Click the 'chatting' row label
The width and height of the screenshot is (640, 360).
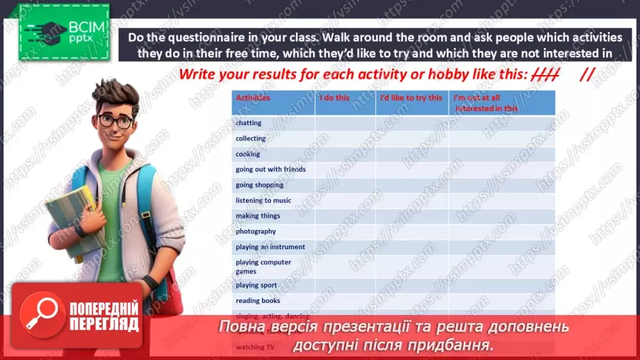coord(249,123)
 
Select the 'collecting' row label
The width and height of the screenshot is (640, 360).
coord(251,138)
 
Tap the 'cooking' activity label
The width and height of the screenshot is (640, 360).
coord(248,154)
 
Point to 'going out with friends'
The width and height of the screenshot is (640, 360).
coord(270,170)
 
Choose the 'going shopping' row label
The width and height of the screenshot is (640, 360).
coord(259,185)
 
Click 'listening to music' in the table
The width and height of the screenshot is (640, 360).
coord(263,200)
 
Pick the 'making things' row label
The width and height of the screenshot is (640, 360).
coord(258,216)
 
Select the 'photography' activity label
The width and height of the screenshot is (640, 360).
coord(256,231)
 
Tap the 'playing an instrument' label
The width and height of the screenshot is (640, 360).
coord(270,247)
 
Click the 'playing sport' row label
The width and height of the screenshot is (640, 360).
coord(256,285)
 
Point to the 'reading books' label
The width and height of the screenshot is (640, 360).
coord(258,301)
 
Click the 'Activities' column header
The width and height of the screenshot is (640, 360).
coord(253,98)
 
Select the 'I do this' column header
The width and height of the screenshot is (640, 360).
coord(334,98)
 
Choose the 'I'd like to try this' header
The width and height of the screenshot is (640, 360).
coord(411,98)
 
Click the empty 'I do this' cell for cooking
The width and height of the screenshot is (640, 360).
coord(345,154)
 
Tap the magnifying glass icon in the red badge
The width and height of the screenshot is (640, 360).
coord(42,313)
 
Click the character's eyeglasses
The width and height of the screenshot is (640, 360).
coord(115,120)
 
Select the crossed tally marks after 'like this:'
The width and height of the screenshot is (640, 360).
coord(544,75)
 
